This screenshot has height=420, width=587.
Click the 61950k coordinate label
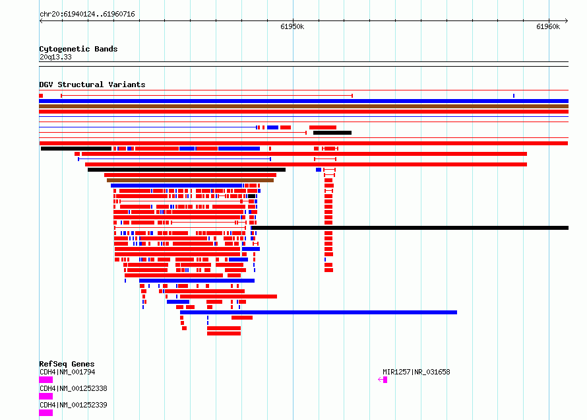pos(292,26)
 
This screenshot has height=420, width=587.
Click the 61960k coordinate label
pos(547,26)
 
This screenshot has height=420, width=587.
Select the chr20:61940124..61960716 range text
pos(87,15)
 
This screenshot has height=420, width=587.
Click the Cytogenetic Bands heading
pos(78,49)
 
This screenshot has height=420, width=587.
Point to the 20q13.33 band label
pos(55,57)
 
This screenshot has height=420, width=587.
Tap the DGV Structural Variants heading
pos(92,85)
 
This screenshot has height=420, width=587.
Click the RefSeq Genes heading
pos(67,364)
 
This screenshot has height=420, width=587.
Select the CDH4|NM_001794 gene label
pos(67,372)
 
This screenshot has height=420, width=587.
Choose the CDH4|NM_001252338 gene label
pos(73,388)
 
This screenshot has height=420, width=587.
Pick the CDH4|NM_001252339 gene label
pos(73,405)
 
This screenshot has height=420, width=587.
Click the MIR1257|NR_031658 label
pos(416,372)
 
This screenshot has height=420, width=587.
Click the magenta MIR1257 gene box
pos(385,380)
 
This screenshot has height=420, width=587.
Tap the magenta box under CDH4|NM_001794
pos(46,380)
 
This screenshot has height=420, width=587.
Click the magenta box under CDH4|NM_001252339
pos(46,413)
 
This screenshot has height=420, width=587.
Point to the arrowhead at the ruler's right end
pos(567,21)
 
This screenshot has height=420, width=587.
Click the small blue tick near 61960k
pos(514,96)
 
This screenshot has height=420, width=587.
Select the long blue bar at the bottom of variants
pos(319,312)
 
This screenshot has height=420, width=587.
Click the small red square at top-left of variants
pos(41,96)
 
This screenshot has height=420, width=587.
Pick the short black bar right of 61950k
pos(332,133)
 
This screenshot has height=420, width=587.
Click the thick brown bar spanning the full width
pos(303,106)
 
